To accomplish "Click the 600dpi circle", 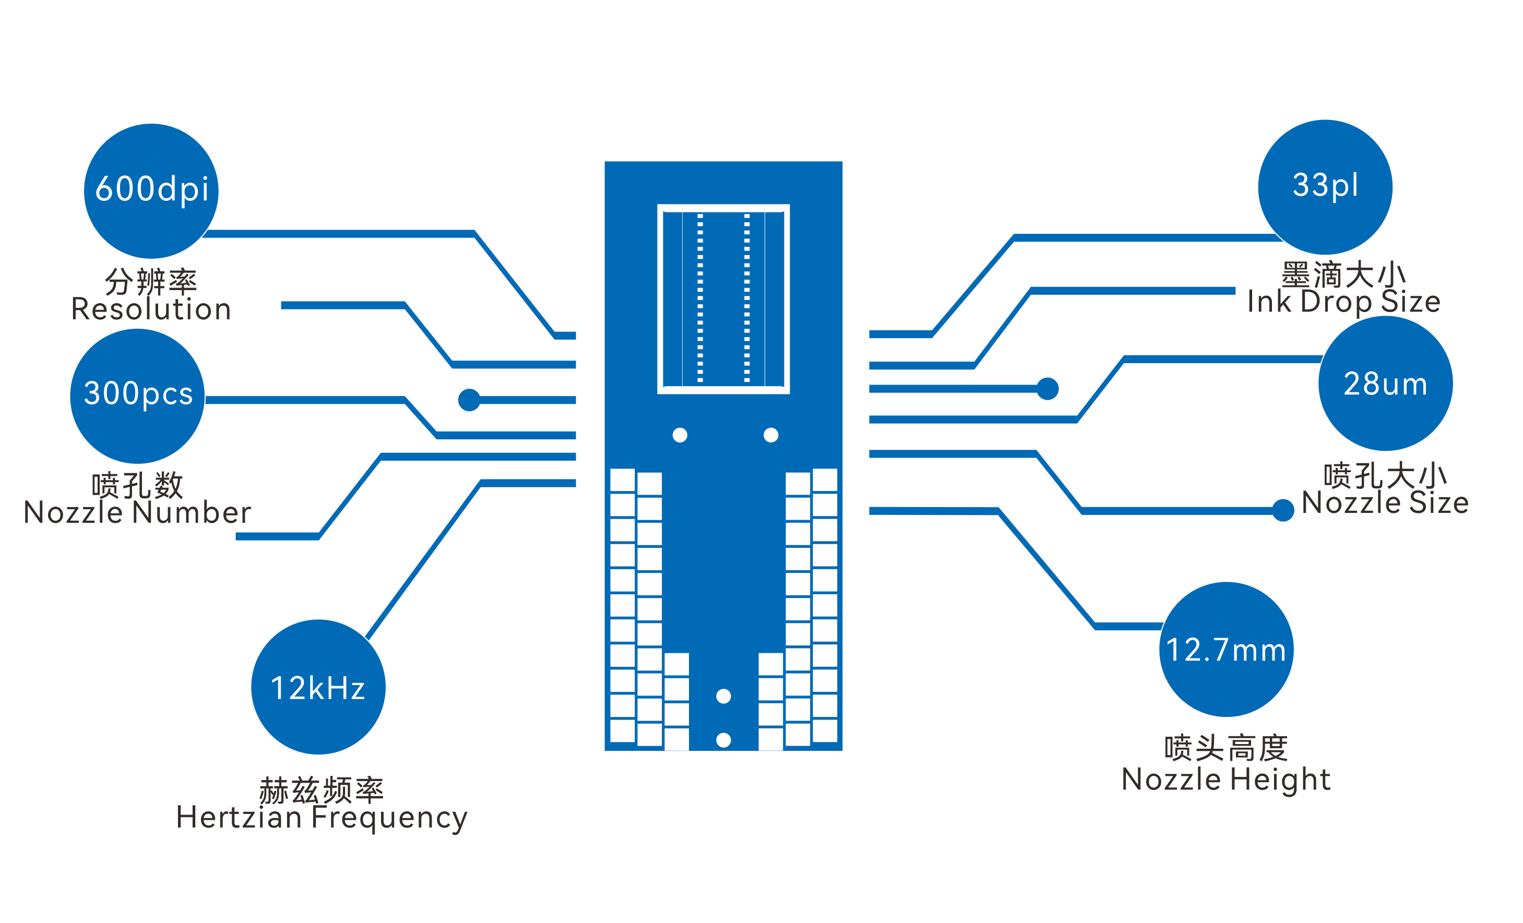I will tap(151, 191).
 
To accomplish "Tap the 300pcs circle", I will tap(137, 396).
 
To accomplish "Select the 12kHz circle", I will tap(318, 687).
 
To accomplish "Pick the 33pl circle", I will tap(1325, 187).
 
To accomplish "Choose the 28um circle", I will tap(1385, 383).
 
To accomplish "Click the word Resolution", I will tap(151, 309).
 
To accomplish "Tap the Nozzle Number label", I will tap(137, 512).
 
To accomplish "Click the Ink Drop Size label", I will tap(1344, 302).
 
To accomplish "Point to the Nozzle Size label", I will tap(1385, 502).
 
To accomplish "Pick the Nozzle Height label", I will tap(1225, 779).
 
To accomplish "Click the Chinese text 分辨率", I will tap(151, 282).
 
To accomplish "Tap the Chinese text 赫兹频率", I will tap(322, 790).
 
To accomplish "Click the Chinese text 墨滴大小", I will tap(1344, 274).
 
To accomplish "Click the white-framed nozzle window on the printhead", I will tap(723, 298).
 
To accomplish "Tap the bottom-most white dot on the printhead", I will tap(723, 739).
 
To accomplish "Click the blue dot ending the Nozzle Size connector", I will tap(1283, 510).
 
